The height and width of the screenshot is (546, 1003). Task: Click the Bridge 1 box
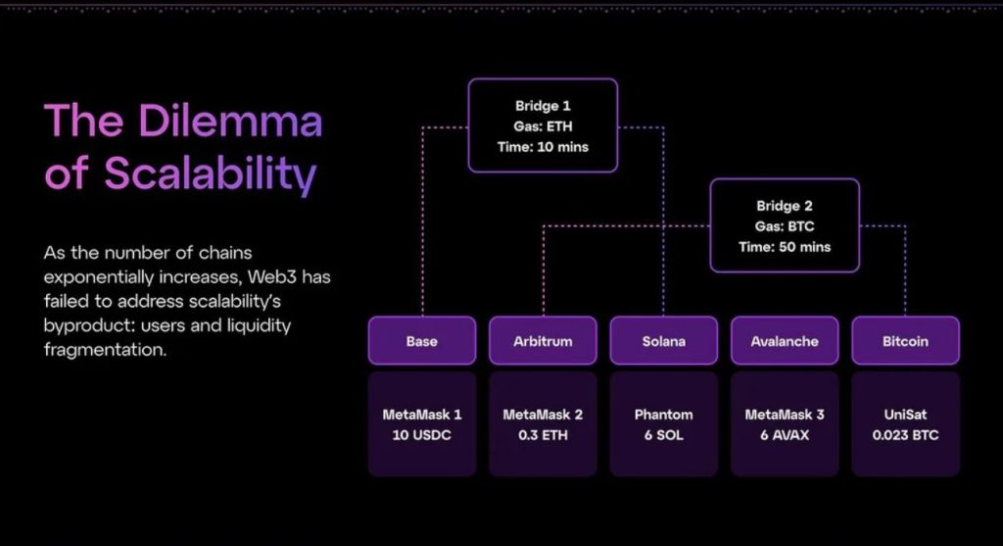543,125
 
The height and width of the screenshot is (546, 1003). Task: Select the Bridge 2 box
784,225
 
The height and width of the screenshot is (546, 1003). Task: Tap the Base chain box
421,341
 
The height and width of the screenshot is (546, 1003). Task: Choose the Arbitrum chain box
542,341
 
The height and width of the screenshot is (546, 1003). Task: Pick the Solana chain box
663,341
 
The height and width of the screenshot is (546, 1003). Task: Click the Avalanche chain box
784,341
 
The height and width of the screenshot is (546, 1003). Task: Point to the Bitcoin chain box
905,341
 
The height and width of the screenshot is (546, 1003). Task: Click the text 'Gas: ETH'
543,126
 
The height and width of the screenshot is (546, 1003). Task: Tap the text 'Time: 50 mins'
784,247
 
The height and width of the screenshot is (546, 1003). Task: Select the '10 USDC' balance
421,434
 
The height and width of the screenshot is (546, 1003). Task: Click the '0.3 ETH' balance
542,434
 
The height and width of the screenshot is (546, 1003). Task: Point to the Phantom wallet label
663,415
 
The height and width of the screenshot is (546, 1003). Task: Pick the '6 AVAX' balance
784,434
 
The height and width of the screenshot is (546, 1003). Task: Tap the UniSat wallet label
905,415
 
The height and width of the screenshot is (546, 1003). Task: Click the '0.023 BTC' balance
905,434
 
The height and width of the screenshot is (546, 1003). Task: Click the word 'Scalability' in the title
210,174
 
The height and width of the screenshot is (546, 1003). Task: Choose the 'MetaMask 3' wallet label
784,415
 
